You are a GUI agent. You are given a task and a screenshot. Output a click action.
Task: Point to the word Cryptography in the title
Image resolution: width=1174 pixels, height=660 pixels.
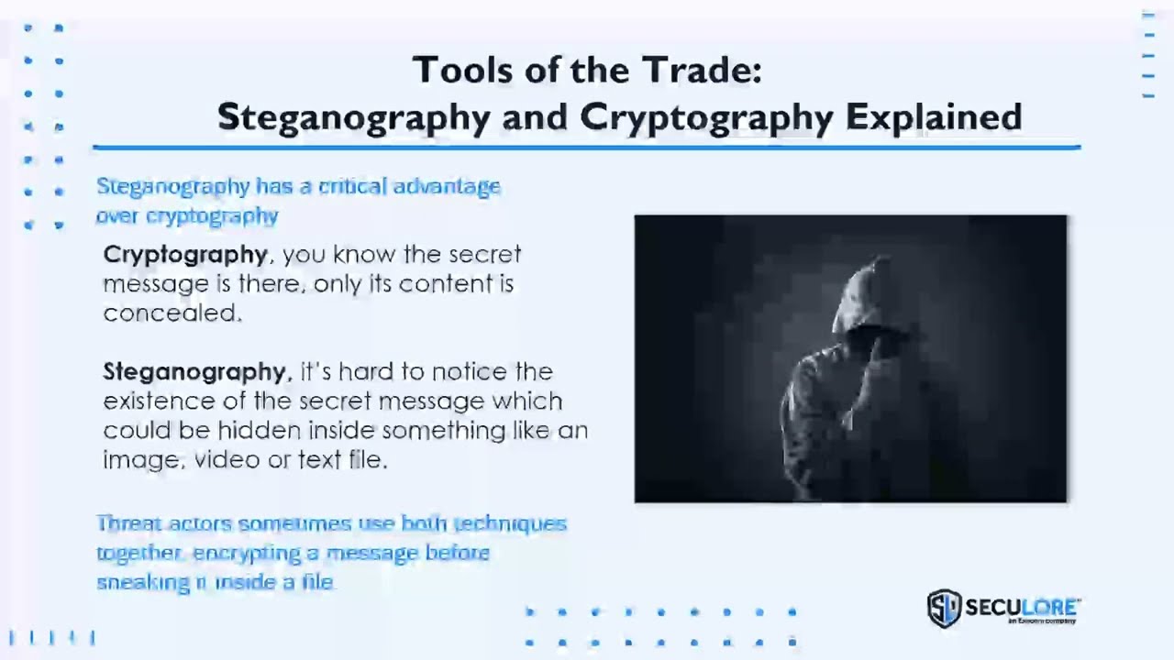point(706,117)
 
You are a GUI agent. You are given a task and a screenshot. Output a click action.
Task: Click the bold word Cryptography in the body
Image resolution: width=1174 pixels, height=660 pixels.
point(185,255)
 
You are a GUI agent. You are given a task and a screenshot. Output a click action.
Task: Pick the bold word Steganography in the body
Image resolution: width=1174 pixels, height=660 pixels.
point(195,372)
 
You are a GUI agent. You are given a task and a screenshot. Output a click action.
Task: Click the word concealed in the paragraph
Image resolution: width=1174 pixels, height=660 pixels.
point(172,313)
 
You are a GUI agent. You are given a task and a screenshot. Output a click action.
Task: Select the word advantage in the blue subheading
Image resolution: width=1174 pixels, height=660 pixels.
point(447,187)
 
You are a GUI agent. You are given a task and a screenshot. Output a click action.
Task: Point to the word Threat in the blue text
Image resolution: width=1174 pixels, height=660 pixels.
point(127,523)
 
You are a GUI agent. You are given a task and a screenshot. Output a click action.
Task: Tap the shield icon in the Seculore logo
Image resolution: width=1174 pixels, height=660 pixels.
point(943,608)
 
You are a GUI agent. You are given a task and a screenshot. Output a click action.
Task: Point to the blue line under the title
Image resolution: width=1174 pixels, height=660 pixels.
point(587,147)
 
